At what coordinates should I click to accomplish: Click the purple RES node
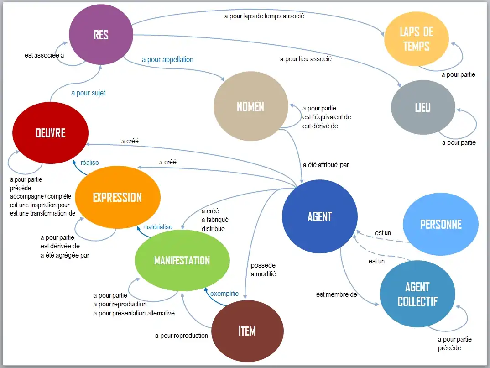[x=101, y=35]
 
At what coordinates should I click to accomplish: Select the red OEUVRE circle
[x=50, y=132]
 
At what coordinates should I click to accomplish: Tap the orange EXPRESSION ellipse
[x=117, y=197]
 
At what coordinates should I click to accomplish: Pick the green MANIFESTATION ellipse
[x=182, y=260]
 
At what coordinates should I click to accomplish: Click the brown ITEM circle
[x=247, y=331]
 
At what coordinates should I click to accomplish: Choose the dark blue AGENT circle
[x=319, y=216]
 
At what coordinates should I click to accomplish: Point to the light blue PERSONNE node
[x=441, y=224]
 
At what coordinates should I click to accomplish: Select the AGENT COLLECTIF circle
[x=417, y=294]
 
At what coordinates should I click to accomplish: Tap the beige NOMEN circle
[x=250, y=106]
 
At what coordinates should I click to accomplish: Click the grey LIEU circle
[x=423, y=107]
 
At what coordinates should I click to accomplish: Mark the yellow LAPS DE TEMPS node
[x=417, y=39]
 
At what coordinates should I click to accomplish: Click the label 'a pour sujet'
[x=88, y=93]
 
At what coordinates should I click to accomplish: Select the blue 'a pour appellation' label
[x=167, y=60]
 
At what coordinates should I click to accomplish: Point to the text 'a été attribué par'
[x=326, y=165]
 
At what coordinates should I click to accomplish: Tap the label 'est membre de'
[x=336, y=294]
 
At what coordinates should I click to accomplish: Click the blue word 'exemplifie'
[x=224, y=294]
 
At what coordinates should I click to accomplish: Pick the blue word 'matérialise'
[x=158, y=227]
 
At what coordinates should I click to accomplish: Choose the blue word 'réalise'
[x=90, y=163]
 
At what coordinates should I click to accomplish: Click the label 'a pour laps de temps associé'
[x=264, y=16]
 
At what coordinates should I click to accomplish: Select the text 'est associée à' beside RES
[x=44, y=56]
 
